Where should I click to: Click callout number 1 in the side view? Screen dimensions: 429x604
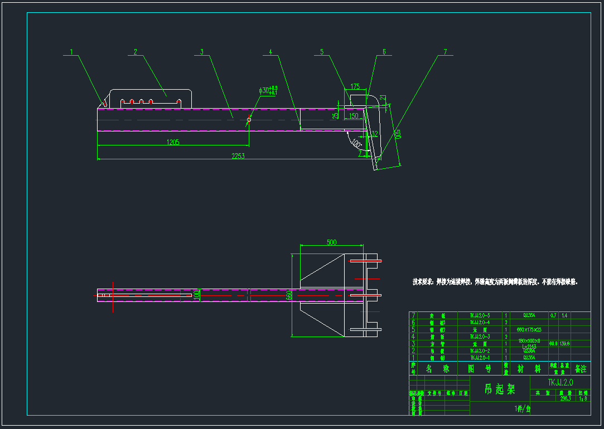tap(71, 52)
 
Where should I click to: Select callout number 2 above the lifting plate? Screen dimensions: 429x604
tap(136, 52)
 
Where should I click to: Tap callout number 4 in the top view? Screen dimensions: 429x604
tap(270, 52)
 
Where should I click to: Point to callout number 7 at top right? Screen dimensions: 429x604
tap(445, 52)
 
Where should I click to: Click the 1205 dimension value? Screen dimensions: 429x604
tap(173, 142)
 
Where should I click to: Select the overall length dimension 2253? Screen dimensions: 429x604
tap(238, 156)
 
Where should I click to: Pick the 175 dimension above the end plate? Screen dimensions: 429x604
tap(355, 86)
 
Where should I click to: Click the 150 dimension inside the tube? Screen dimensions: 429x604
tap(354, 115)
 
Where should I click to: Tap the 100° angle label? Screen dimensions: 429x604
tap(355, 143)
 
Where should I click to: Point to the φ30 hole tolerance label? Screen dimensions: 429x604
tap(268, 90)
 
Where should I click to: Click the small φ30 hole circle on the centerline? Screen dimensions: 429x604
tap(249, 119)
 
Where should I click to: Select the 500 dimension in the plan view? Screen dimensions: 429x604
tap(331, 242)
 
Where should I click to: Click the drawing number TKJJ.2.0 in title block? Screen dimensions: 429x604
tap(560, 382)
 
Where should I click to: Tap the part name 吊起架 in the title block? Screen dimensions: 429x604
tap(499, 389)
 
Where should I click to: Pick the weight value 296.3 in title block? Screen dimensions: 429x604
tap(564, 398)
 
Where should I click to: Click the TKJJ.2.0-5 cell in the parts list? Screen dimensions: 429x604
tap(480, 315)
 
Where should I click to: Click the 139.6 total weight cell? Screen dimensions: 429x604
tap(565, 344)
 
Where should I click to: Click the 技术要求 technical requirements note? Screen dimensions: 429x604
tap(495, 282)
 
